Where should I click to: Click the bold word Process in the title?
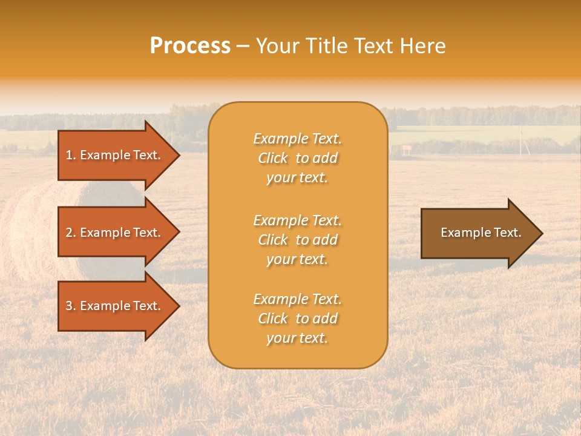point(190,46)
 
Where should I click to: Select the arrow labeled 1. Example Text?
point(115,155)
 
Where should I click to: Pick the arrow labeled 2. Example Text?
point(115,233)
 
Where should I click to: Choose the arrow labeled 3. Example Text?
point(115,306)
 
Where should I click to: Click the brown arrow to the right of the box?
point(478,233)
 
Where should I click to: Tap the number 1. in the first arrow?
point(71,155)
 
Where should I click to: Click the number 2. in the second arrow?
point(71,233)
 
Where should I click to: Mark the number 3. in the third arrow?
point(71,306)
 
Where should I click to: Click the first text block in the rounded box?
point(297,158)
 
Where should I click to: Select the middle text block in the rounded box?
point(297,240)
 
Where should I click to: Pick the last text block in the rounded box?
point(297,319)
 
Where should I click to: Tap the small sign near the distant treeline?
point(406,148)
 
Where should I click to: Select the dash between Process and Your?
point(243,47)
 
